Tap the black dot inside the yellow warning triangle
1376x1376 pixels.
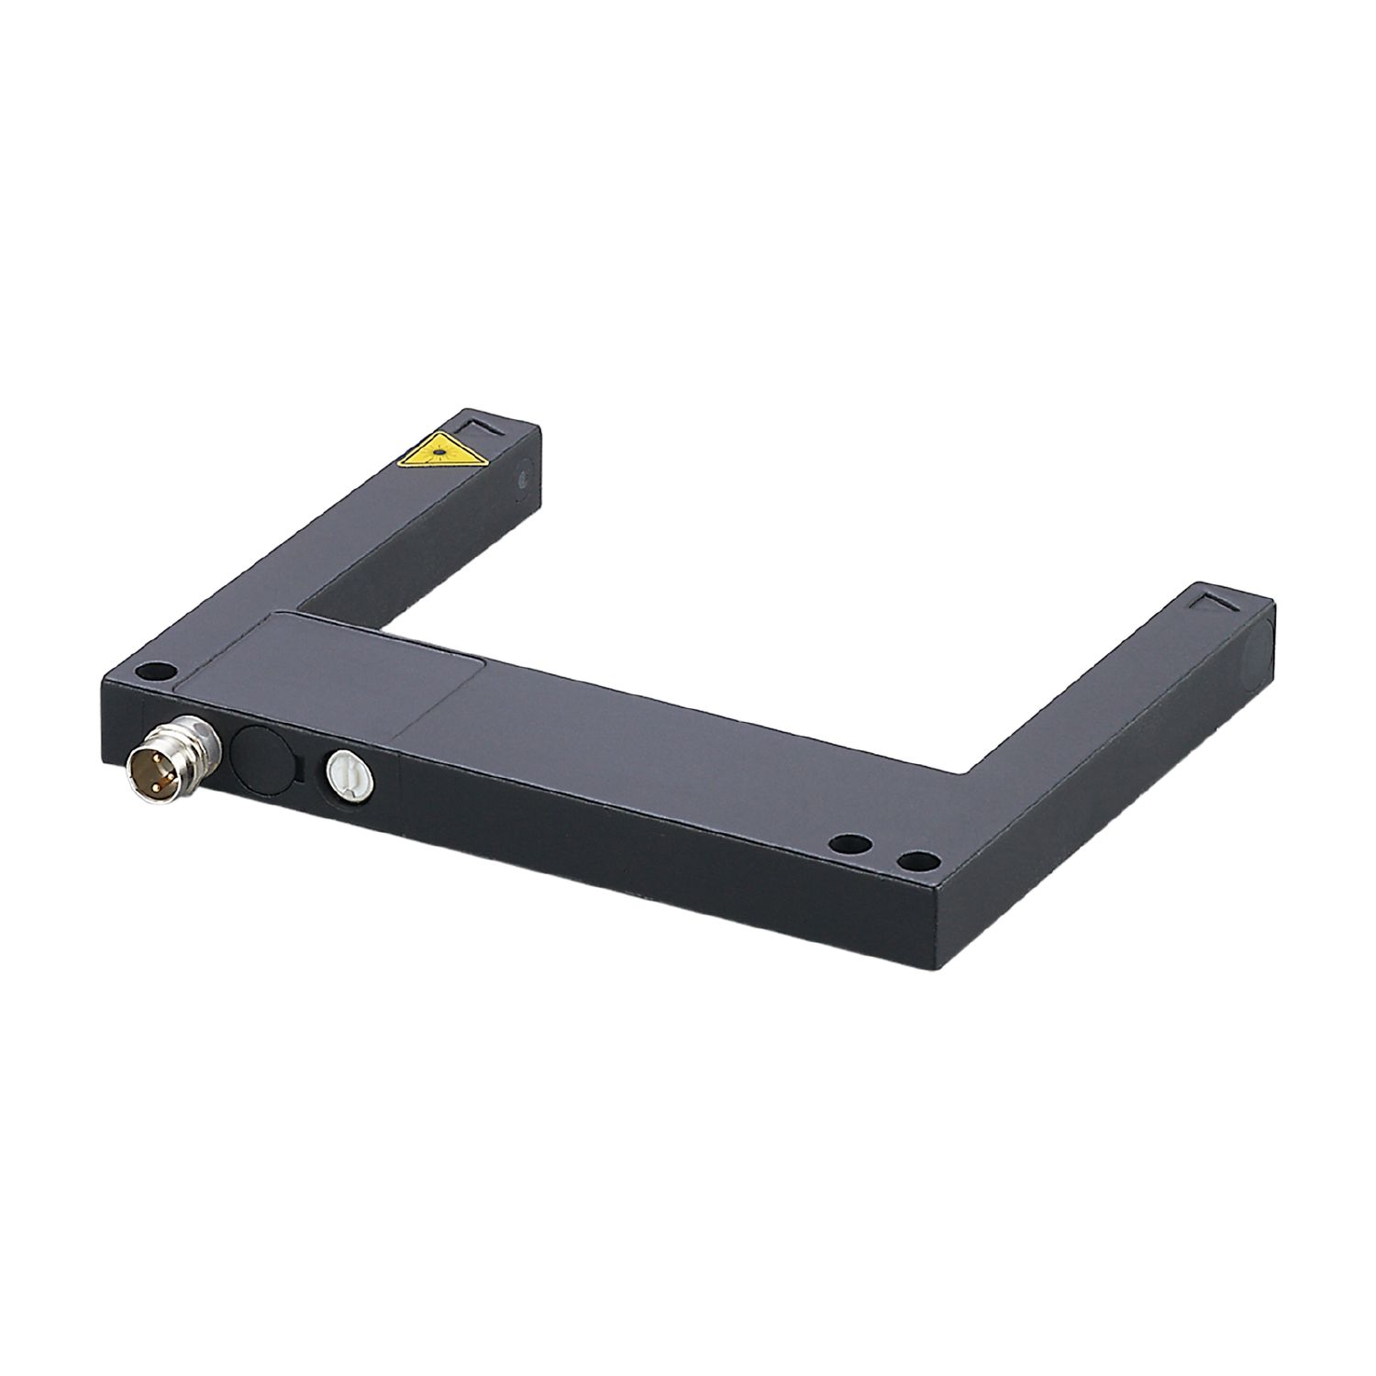point(439,451)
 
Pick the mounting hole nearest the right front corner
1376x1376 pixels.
point(919,860)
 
